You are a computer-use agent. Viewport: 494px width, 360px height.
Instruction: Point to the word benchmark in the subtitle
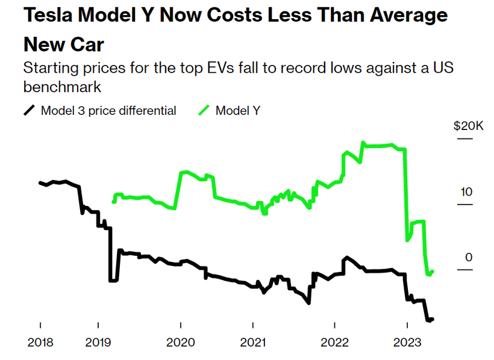(62, 87)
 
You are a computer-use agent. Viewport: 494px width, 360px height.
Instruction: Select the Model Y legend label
(238, 110)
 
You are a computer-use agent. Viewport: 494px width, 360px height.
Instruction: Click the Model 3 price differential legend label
(108, 110)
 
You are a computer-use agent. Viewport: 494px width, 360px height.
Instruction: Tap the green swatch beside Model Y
(204, 110)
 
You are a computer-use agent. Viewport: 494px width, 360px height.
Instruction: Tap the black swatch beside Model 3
(29, 110)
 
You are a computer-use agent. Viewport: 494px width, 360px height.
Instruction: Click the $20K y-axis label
(467, 126)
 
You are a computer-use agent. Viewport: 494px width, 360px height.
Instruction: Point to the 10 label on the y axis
(466, 192)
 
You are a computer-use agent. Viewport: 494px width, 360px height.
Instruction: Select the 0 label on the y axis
(468, 258)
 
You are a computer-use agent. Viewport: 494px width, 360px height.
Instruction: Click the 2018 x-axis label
(40, 342)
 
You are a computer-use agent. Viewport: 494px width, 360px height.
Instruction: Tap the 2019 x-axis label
(98, 342)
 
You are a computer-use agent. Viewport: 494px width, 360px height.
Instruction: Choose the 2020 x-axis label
(180, 342)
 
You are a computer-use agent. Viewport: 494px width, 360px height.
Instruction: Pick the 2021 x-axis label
(253, 342)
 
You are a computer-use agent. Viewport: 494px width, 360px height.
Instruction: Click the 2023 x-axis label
(407, 342)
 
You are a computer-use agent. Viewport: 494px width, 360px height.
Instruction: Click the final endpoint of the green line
(433, 272)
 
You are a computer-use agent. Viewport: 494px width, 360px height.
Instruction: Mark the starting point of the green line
(113, 202)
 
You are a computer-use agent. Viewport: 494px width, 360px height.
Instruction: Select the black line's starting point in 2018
(40, 182)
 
